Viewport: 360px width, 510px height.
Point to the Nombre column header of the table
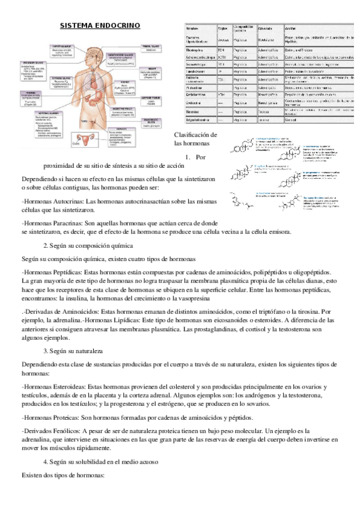pyautogui.click(x=194, y=28)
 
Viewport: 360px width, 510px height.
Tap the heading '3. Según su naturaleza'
pyautogui.click(x=73, y=350)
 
